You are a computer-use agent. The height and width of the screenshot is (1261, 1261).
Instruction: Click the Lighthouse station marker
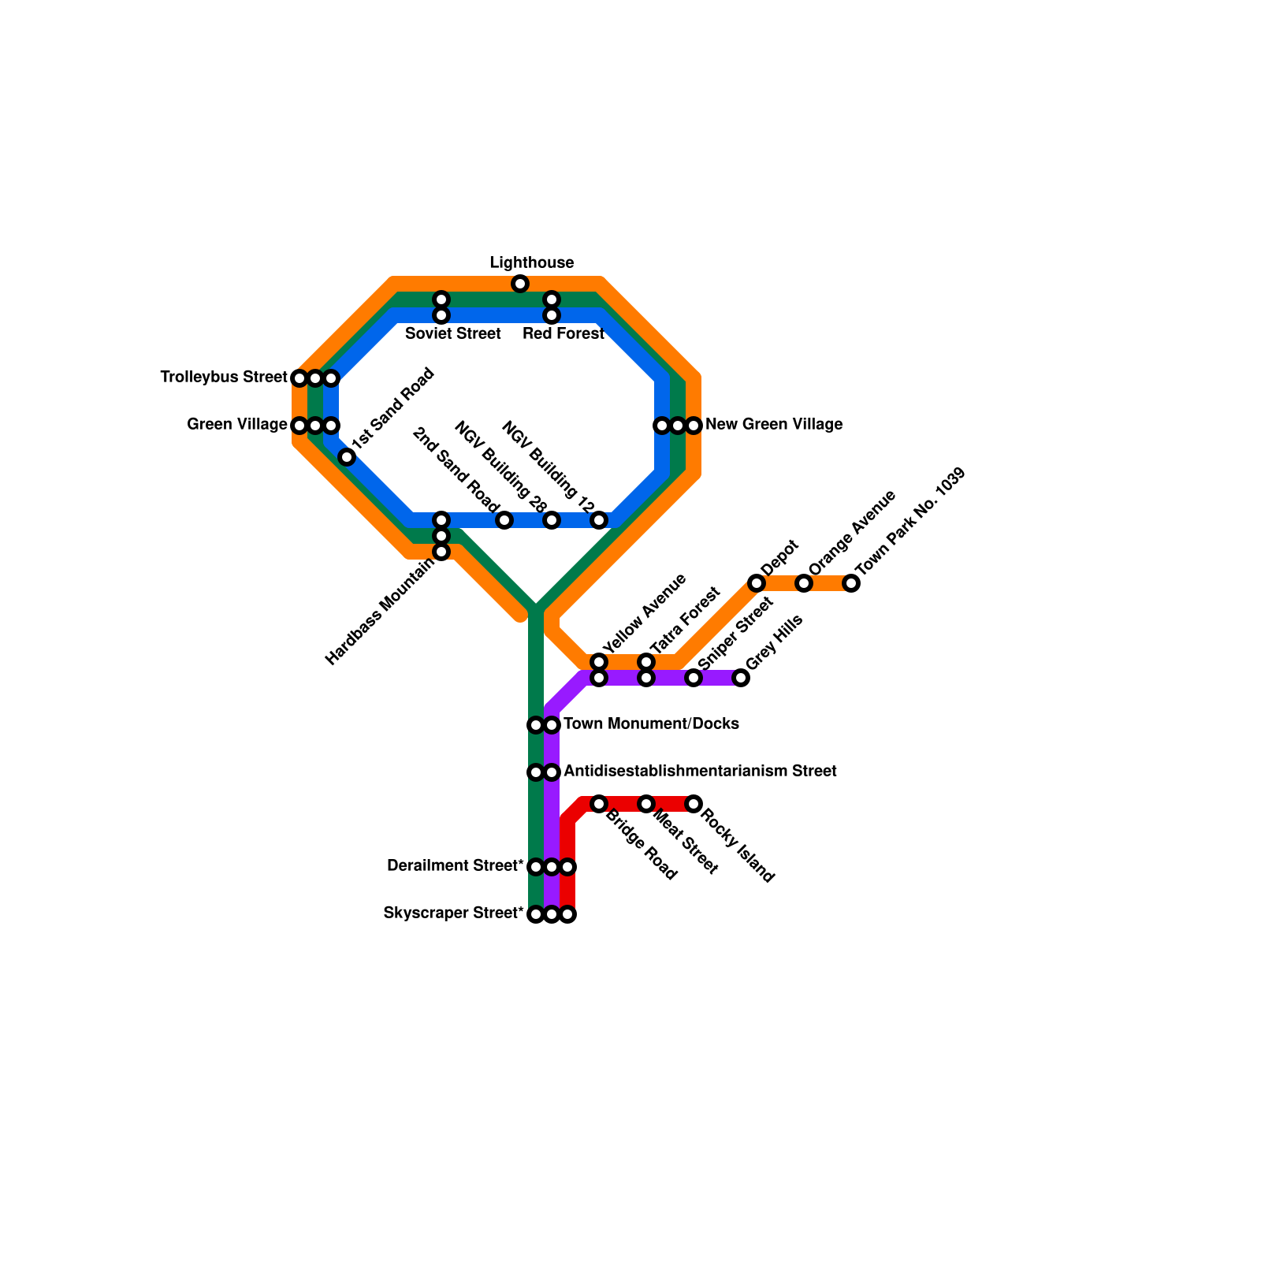click(520, 284)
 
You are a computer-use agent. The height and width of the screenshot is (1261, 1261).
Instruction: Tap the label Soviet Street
click(453, 333)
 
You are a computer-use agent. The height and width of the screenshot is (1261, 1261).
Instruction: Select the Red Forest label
click(564, 333)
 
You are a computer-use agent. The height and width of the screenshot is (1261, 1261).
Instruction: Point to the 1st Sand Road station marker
click(347, 457)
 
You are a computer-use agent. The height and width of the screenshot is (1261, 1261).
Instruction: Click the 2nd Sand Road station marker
click(504, 520)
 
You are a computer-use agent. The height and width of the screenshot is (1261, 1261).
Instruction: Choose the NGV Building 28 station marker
click(552, 520)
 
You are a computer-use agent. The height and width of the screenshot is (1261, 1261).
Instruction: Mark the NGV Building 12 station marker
click(599, 520)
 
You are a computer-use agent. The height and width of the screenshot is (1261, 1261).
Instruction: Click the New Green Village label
click(774, 425)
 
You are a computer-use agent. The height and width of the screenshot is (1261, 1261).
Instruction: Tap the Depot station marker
click(757, 583)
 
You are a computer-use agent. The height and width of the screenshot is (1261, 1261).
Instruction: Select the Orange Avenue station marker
click(804, 583)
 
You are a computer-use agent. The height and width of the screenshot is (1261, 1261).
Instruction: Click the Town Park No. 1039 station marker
click(851, 583)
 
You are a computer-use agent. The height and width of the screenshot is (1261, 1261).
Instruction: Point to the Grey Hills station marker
click(741, 678)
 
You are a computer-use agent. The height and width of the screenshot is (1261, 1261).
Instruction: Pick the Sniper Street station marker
click(694, 678)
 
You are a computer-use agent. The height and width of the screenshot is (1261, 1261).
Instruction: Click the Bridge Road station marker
click(599, 804)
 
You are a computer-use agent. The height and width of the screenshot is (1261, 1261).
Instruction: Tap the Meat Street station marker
click(646, 804)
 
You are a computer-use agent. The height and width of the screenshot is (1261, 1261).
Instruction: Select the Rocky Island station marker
click(694, 804)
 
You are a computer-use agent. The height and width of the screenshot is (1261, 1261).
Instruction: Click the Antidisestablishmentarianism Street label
click(700, 771)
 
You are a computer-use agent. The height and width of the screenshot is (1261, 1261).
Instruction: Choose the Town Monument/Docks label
click(651, 723)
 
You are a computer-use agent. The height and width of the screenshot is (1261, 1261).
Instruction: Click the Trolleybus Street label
click(224, 378)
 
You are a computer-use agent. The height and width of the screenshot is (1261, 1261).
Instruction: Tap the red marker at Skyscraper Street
click(567, 914)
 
